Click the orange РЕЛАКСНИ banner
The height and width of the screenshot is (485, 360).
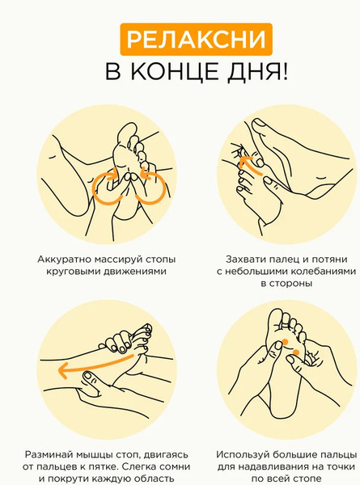[x=197, y=40]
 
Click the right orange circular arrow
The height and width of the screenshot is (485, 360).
[x=154, y=188]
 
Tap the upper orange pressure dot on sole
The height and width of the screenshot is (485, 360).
[x=285, y=341]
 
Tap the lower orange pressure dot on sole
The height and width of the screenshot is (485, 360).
[x=296, y=352]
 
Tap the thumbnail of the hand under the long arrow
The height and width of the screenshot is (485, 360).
[x=89, y=376]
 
